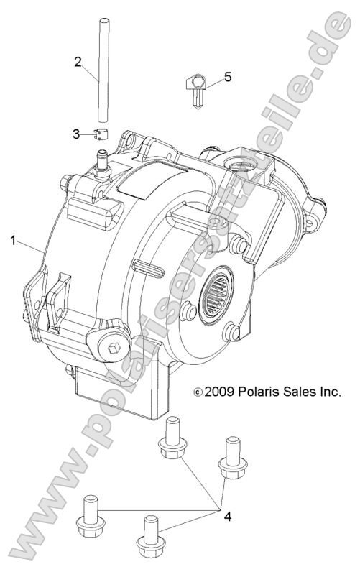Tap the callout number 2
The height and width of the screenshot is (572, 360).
(x=78, y=61)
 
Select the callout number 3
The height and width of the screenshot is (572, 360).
(x=77, y=133)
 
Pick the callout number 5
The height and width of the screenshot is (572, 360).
(x=228, y=77)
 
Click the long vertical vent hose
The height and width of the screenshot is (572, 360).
(x=101, y=72)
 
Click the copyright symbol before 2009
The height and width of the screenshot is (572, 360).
(x=198, y=393)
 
